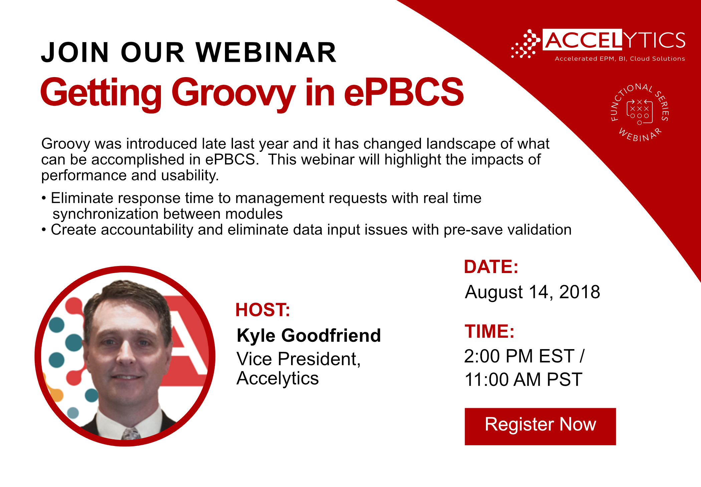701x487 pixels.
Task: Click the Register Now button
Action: pyautogui.click(x=540, y=426)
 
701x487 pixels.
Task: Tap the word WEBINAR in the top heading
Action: pyautogui.click(x=266, y=52)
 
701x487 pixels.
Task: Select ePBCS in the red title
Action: pyautogui.click(x=404, y=92)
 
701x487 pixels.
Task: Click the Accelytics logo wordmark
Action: pyautogui.click(x=615, y=40)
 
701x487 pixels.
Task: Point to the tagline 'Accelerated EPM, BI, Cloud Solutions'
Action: pyautogui.click(x=620, y=59)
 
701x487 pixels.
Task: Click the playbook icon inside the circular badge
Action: pyautogui.click(x=639, y=112)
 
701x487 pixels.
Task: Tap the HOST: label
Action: pyautogui.click(x=263, y=310)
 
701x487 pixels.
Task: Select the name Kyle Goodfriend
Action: pyautogui.click(x=309, y=335)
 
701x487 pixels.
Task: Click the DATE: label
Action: pyautogui.click(x=491, y=267)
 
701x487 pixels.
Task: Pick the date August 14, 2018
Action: pyautogui.click(x=532, y=292)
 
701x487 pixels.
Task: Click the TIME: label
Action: pyautogui.click(x=489, y=331)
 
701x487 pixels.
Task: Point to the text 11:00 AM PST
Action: pyautogui.click(x=523, y=380)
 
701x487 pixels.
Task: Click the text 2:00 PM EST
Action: pyautogui.click(x=519, y=356)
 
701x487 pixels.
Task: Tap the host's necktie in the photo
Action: pyautogui.click(x=131, y=434)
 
